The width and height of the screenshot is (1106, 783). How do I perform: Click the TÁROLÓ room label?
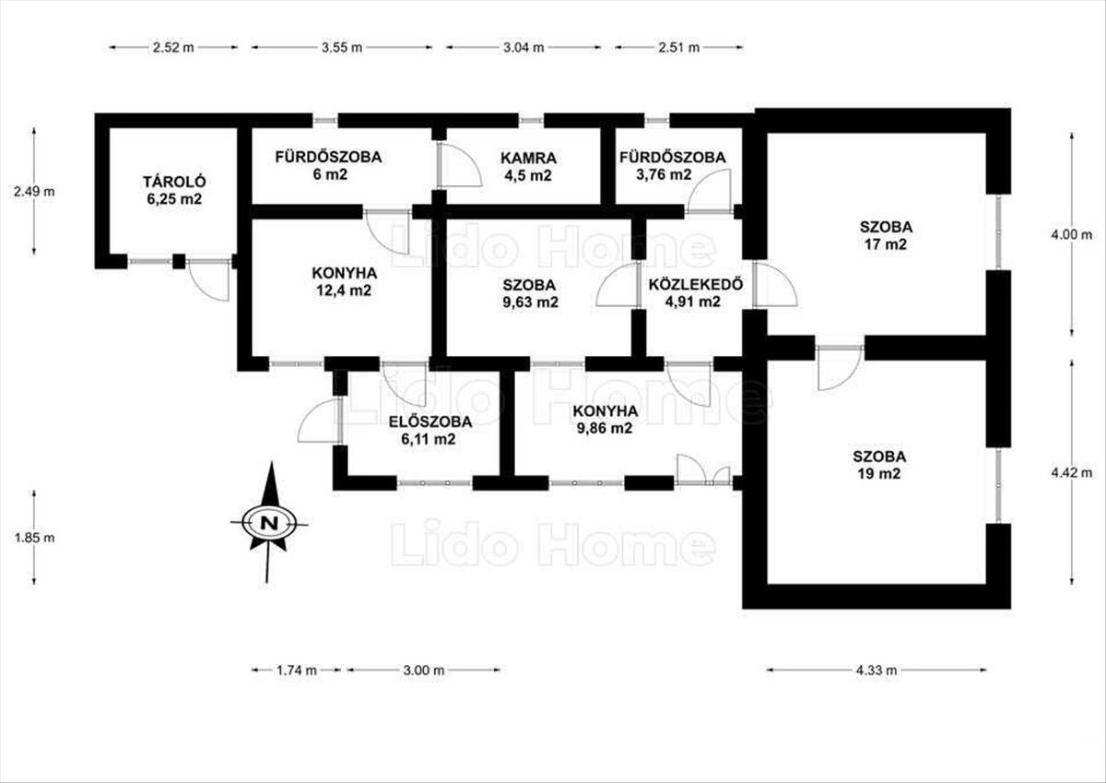tap(174, 190)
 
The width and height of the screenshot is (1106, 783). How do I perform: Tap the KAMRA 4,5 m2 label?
tap(528, 167)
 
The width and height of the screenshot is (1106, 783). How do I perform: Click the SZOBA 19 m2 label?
tap(879, 465)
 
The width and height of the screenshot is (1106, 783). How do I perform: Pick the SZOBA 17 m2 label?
tap(887, 236)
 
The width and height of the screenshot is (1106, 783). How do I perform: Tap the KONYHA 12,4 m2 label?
tap(344, 281)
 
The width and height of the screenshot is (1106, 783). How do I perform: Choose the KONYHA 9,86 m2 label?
tap(605, 420)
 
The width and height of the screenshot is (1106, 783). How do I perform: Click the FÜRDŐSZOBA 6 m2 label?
tap(328, 165)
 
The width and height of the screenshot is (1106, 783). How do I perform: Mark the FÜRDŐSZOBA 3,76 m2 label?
tap(673, 166)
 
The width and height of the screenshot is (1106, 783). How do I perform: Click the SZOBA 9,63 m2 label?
tap(530, 293)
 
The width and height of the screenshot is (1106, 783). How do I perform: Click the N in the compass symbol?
tap(269, 523)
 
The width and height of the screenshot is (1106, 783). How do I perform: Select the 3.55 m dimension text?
tap(342, 47)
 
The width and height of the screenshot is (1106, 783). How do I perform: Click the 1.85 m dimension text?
tap(35, 538)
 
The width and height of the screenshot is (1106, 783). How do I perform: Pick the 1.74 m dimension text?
tap(296, 670)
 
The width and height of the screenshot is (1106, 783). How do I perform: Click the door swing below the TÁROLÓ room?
tap(209, 280)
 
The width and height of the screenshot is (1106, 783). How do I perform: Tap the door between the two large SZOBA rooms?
tap(840, 368)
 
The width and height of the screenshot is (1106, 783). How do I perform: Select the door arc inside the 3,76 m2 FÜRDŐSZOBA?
tap(710, 190)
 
